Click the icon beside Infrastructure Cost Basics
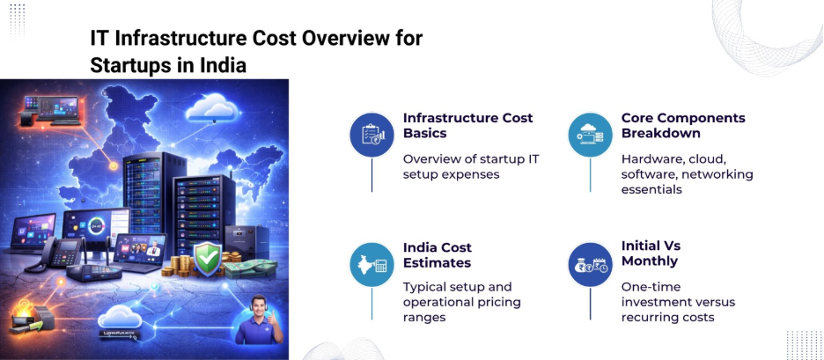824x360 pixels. point(372,135)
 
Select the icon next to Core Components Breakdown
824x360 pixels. point(590,135)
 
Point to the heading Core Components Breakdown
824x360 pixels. point(682,125)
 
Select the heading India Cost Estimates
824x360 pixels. point(437,254)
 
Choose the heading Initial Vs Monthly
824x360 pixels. point(651,253)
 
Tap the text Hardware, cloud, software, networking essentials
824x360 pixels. point(687,174)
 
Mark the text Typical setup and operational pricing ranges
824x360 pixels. point(461,302)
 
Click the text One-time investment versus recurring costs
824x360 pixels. point(678,302)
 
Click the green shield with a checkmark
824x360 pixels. point(206,258)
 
